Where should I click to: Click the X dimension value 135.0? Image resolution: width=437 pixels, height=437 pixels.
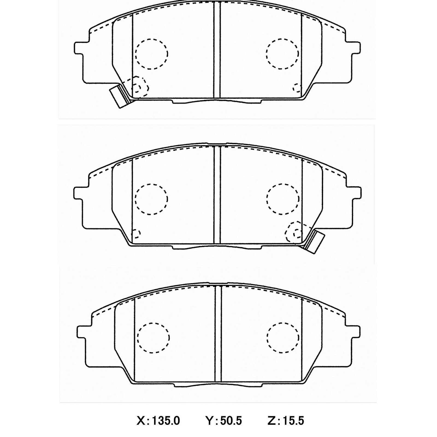[166, 421]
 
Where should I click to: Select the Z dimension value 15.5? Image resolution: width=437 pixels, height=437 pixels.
[293, 421]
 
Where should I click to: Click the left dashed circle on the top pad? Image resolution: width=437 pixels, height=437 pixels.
[151, 54]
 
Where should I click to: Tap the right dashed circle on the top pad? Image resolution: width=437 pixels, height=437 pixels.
[282, 54]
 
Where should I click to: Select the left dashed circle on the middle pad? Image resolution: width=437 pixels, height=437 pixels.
[151, 199]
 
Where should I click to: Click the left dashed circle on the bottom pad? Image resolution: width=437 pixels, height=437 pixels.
[153, 337]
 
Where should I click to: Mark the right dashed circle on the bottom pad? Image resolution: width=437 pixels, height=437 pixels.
[283, 337]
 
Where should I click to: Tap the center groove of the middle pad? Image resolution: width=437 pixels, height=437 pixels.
[217, 195]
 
